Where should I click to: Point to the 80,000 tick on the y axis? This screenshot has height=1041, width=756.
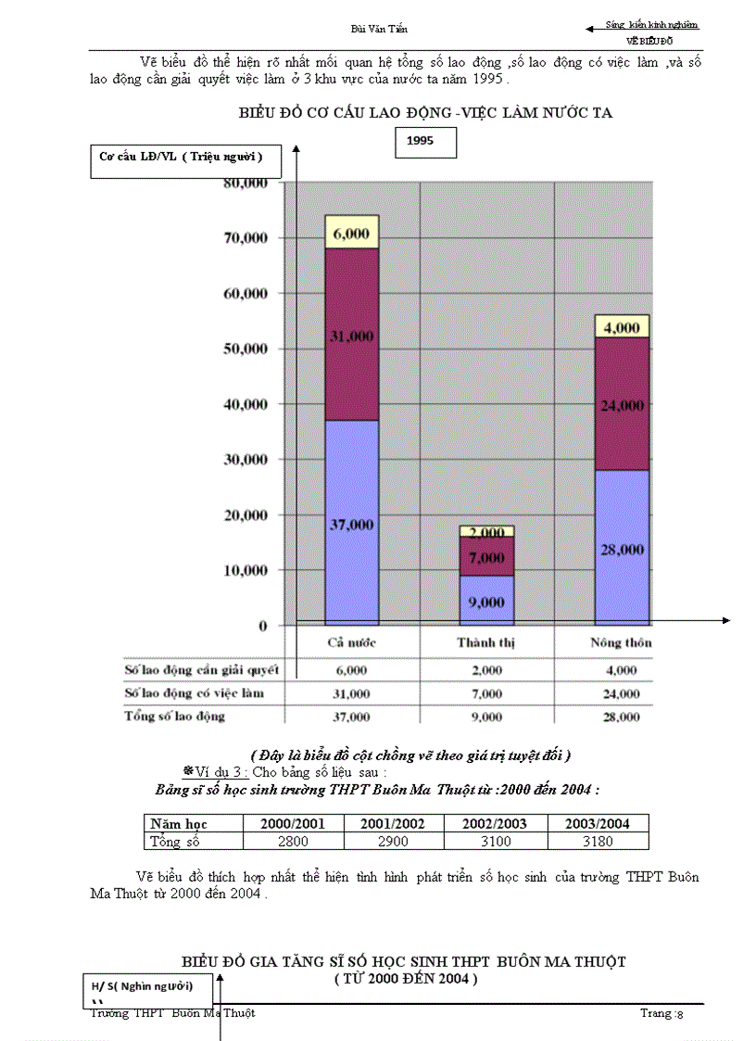point(246,182)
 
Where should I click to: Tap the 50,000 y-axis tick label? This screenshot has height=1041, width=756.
point(246,349)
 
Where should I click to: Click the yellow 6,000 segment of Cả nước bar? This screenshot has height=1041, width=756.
point(351,233)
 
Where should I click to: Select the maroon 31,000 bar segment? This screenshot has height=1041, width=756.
point(351,335)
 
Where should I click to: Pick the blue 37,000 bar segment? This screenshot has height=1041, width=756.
point(351,524)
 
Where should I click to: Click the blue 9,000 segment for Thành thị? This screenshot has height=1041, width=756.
point(486,601)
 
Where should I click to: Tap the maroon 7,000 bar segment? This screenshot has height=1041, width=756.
point(486,558)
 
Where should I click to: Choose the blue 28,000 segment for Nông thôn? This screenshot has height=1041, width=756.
point(622,549)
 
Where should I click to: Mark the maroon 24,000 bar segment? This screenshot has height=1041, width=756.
point(622,404)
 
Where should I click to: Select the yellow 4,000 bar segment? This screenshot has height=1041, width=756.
point(622,326)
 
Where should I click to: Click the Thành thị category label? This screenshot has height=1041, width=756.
point(486,642)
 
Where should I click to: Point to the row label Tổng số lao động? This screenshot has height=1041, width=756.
point(175,717)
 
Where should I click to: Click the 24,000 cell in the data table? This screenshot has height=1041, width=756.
point(621,693)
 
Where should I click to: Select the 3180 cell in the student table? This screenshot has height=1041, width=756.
point(598,841)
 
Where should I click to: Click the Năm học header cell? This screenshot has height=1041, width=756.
point(179,823)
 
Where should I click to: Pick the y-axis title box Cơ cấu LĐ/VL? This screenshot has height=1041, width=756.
point(182,158)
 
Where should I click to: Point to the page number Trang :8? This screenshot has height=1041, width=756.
point(661,1013)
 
